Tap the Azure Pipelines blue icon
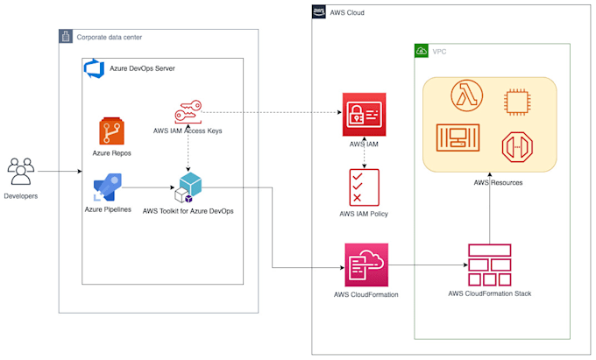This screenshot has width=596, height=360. [108, 188]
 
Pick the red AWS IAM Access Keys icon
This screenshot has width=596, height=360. [188, 113]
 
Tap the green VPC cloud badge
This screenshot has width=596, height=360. [422, 51]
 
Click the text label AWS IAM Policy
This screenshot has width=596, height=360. [363, 214]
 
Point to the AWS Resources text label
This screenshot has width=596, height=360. [489, 182]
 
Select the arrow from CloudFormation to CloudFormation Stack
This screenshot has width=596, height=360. [427, 265]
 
